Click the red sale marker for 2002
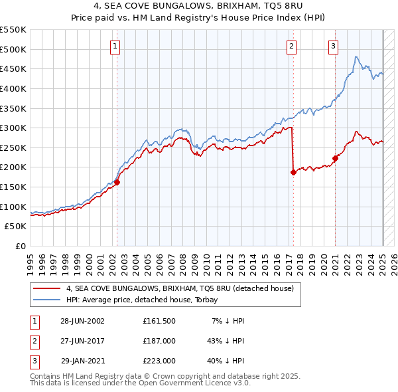(x=117, y=182)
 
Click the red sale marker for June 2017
(x=293, y=172)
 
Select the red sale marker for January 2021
(x=335, y=158)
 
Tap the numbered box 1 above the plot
(x=115, y=47)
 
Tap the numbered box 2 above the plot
(x=291, y=47)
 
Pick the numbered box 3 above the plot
(x=333, y=47)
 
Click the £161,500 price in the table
(x=159, y=321)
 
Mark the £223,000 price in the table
(x=159, y=361)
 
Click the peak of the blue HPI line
(x=356, y=57)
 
